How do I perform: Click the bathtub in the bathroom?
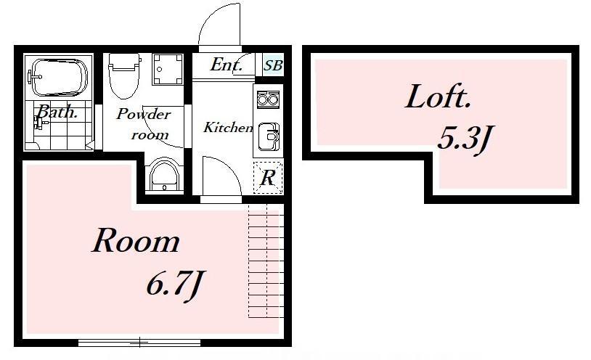tap(60, 77)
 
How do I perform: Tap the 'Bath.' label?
tap(57, 112)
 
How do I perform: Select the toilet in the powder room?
tap(123, 75)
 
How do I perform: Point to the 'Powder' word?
tap(144, 114)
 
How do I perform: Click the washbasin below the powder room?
tap(165, 176)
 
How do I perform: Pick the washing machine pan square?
tap(168, 69)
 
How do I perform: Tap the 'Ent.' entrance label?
tap(226, 65)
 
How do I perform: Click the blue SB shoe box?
tap(273, 65)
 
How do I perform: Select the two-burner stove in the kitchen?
tap(268, 99)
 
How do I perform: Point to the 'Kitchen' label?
tap(229, 128)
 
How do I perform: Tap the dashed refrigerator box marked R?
tap(268, 177)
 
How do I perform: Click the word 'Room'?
tap(136, 240)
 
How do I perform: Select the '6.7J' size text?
tap(175, 284)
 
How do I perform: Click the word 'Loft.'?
tap(438, 97)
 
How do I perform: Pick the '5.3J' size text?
tap(465, 139)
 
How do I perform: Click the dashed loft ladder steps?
tap(266, 261)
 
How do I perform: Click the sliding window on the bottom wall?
tap(139, 343)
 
